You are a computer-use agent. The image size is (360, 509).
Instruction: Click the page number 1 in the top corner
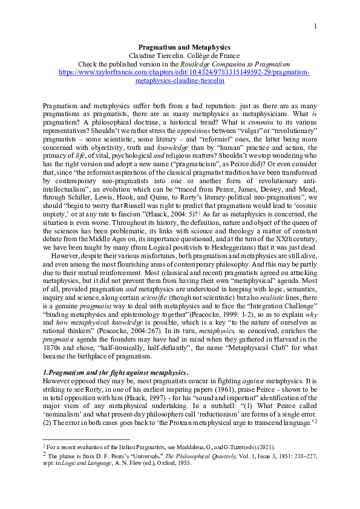click(315, 26)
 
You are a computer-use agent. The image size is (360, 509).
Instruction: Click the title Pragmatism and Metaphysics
click(180, 47)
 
